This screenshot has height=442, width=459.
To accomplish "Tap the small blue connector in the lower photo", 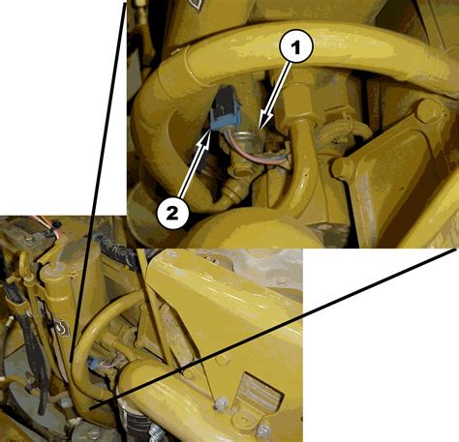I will pyautogui.click(x=96, y=366).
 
